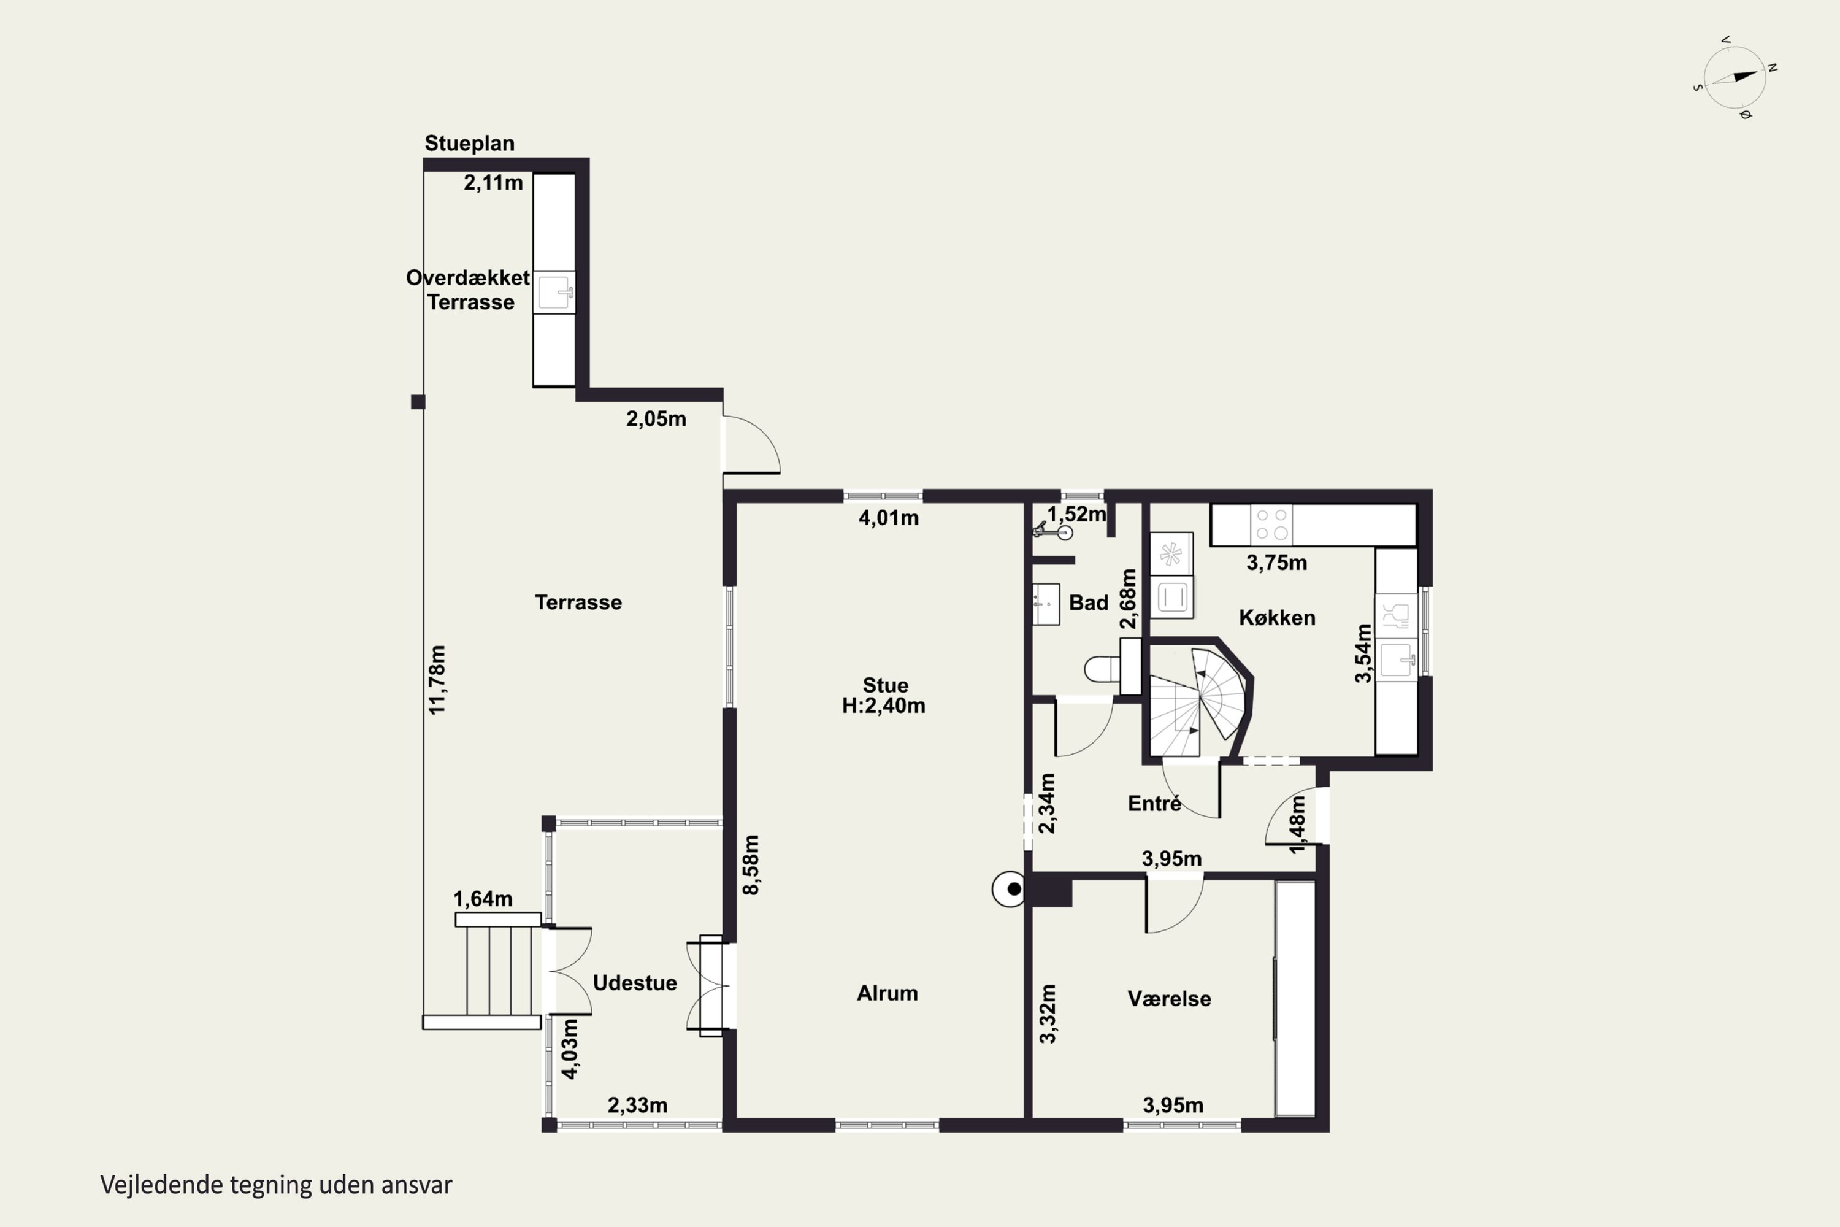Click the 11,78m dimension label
click(x=437, y=679)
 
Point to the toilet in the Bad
click(x=1111, y=667)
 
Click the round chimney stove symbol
click(x=1009, y=889)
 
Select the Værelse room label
click(x=1169, y=999)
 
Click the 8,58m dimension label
click(x=750, y=864)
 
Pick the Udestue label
click(x=634, y=983)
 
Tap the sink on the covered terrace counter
click(x=554, y=293)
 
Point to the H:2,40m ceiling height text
click(x=883, y=706)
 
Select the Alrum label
click(x=887, y=993)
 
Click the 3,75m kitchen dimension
click(x=1276, y=563)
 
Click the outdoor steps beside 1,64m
click(x=497, y=971)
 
